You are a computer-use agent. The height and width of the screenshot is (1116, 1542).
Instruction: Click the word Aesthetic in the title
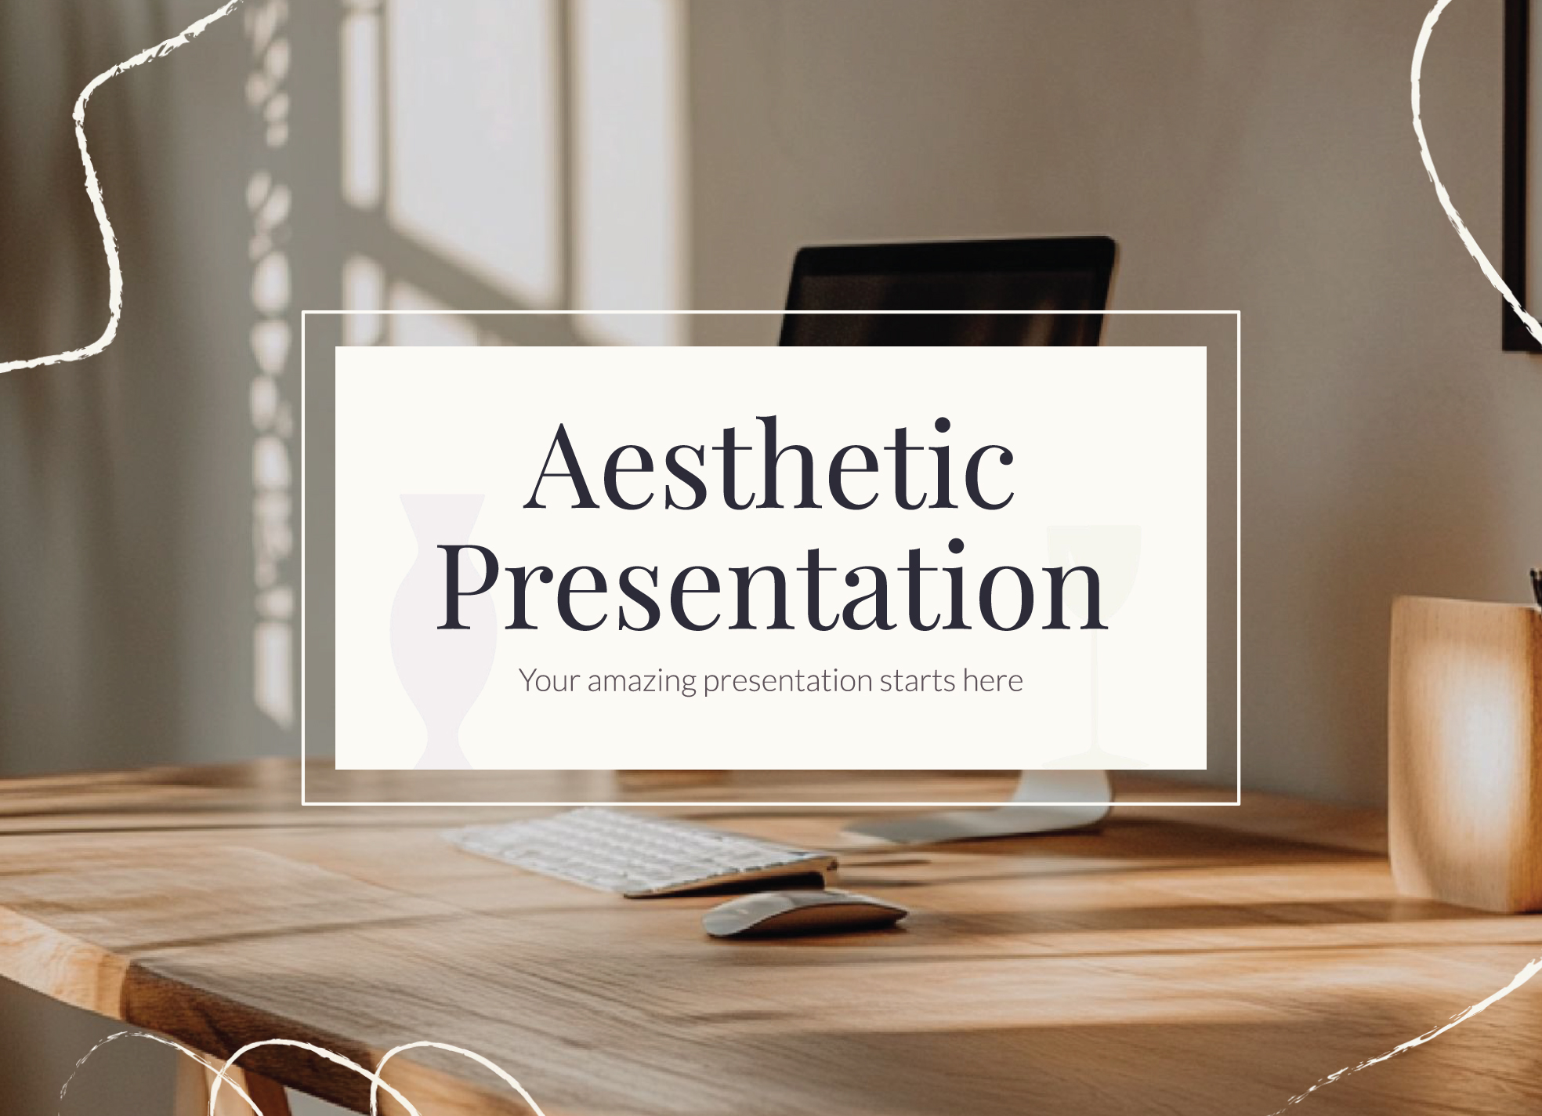[x=770, y=464]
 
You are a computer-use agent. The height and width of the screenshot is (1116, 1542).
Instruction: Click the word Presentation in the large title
[x=772, y=586]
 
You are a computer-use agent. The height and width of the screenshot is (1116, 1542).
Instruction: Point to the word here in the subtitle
[x=993, y=680]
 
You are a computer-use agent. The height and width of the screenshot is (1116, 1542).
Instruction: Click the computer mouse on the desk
[x=805, y=913]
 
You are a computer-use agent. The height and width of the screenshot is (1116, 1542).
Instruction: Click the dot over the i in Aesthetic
[x=943, y=426]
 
